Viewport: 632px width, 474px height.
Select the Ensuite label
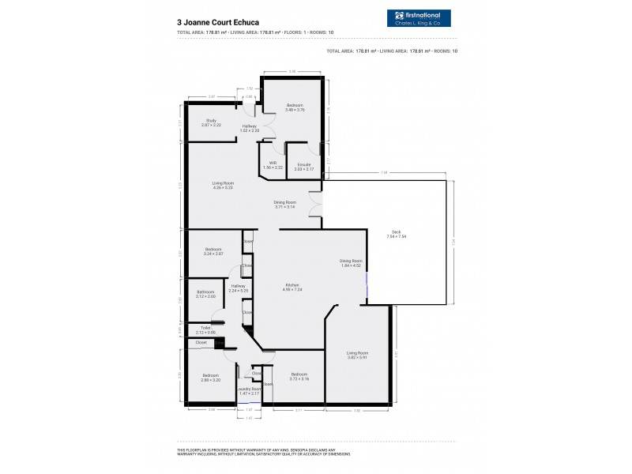pos(304,167)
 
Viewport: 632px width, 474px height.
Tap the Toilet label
pos(205,329)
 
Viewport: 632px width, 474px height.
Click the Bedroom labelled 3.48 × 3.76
pos(295,107)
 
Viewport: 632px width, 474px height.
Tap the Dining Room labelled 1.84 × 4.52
pos(350,263)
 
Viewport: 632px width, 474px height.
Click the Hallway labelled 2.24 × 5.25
pos(239,288)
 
